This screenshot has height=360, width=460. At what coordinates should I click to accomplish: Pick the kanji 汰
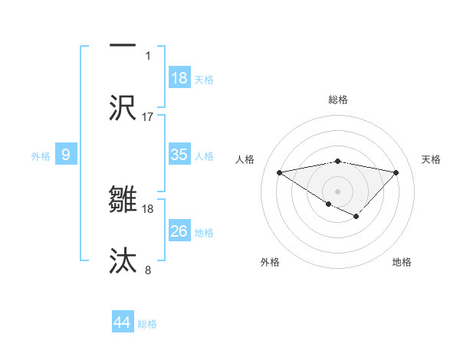(x=123, y=260)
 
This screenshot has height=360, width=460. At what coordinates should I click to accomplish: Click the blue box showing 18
(x=179, y=78)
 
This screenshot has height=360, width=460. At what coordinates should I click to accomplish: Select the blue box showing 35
(x=179, y=155)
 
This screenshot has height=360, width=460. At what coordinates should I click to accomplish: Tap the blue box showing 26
(x=179, y=231)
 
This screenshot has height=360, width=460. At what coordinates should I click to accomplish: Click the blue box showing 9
(x=66, y=155)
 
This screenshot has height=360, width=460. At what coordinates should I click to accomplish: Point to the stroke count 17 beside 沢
(x=148, y=117)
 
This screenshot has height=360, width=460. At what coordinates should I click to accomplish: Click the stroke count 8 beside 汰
(x=148, y=270)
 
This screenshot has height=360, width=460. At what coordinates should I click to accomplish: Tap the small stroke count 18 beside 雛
(x=148, y=208)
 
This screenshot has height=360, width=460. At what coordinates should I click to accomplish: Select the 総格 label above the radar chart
(x=338, y=100)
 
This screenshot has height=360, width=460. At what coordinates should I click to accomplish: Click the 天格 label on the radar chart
(x=432, y=159)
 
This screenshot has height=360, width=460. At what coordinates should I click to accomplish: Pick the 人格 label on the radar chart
(x=245, y=159)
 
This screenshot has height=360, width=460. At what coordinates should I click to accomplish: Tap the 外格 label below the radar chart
(x=270, y=262)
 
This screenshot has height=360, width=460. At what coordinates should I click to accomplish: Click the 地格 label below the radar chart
(x=402, y=262)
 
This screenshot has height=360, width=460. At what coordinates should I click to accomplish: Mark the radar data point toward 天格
(x=396, y=172)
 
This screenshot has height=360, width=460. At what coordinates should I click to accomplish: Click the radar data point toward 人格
(x=279, y=172)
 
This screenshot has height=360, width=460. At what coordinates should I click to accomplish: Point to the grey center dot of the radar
(x=337, y=191)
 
